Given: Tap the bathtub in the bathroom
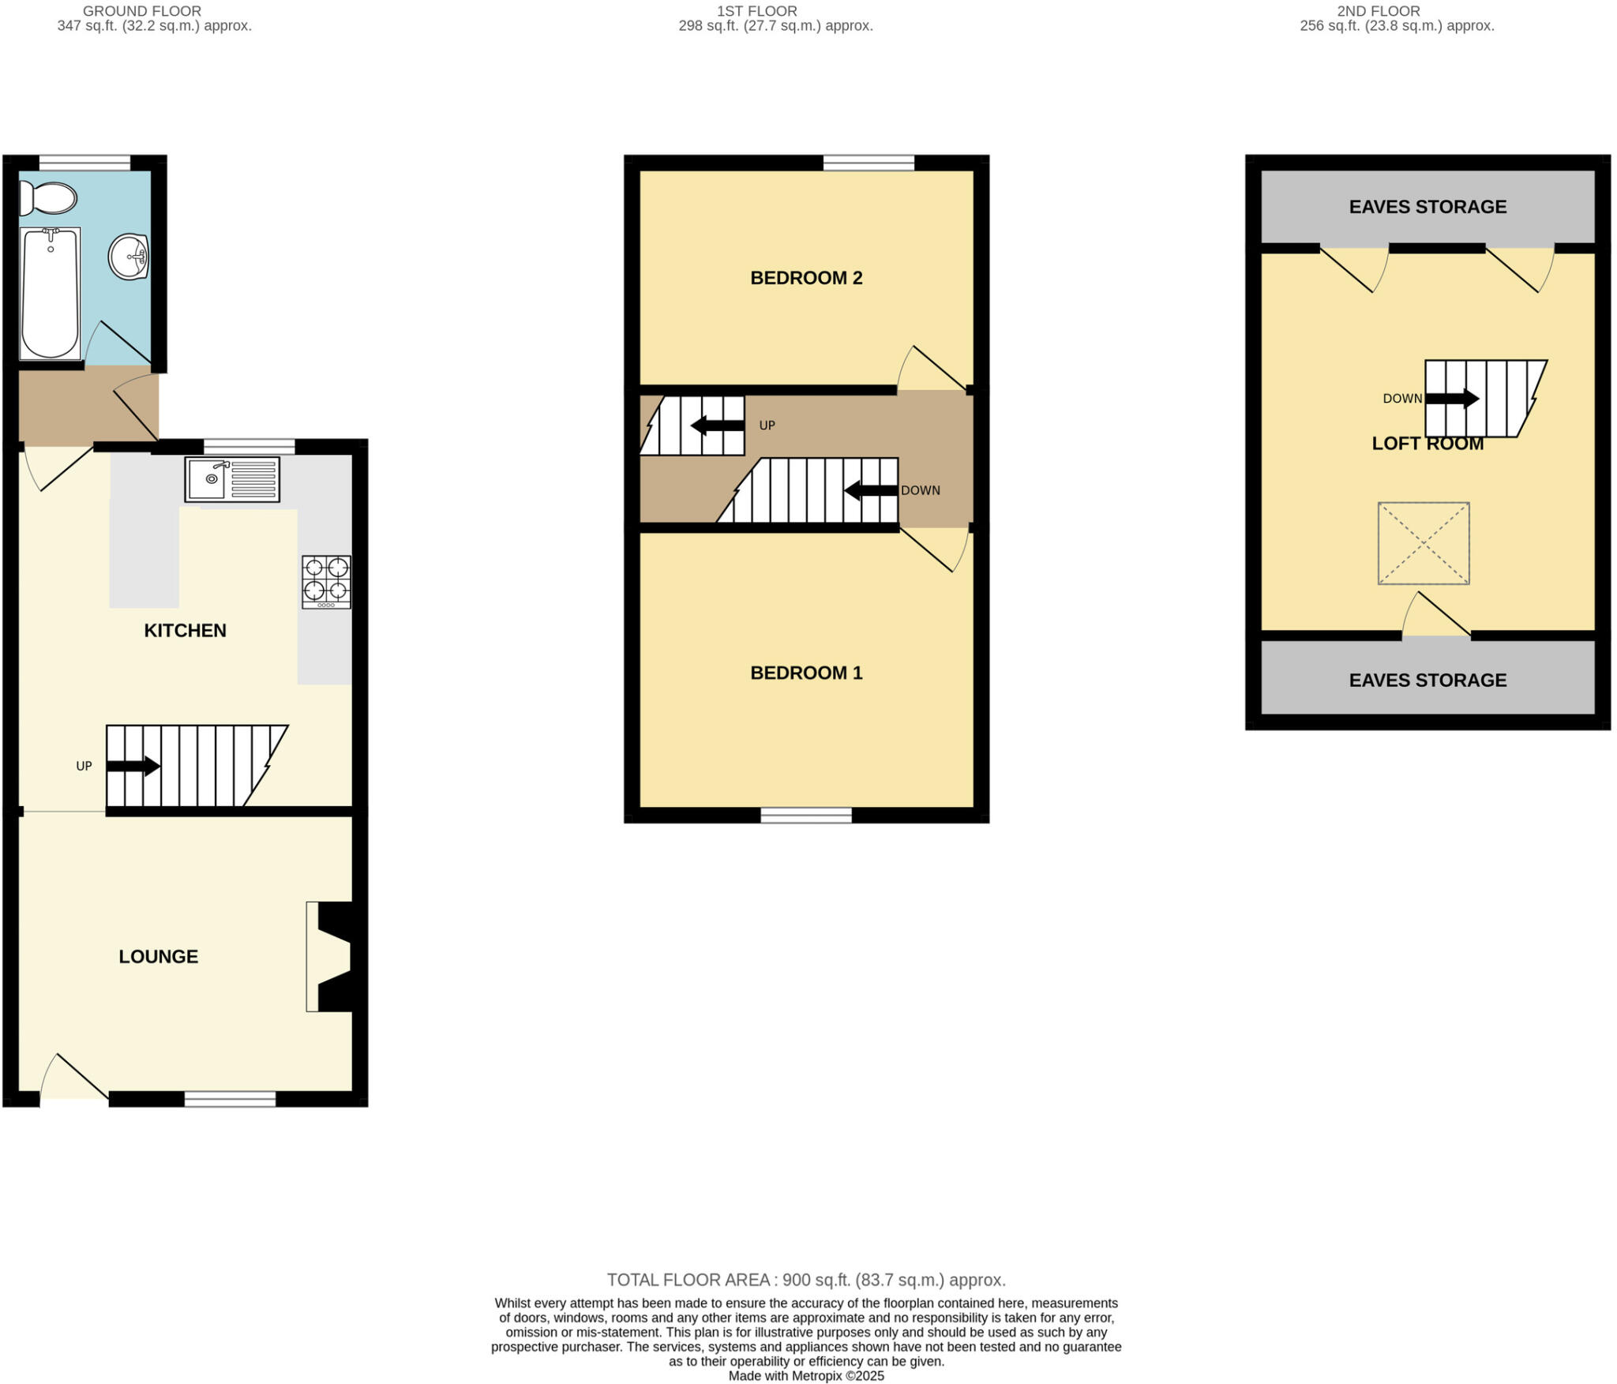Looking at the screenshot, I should (50, 293).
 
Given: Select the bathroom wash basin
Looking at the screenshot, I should (129, 257).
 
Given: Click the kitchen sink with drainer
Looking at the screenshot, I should (232, 479).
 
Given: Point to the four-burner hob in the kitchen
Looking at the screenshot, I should (326, 582).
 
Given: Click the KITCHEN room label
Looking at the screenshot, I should (185, 630).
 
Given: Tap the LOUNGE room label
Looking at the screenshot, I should (158, 956).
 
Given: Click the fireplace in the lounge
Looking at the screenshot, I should (332, 956).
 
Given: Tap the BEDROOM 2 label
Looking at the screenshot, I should (805, 278).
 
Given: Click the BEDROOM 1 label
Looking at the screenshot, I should (805, 673).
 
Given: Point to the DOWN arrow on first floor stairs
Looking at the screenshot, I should (870, 490).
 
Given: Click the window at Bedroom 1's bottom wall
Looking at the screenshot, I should (805, 815).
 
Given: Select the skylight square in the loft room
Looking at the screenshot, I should (1423, 543).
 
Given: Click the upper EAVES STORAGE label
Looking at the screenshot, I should (1427, 207).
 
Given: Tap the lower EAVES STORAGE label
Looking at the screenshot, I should (1427, 680).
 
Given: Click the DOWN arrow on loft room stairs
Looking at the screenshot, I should (1451, 399).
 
